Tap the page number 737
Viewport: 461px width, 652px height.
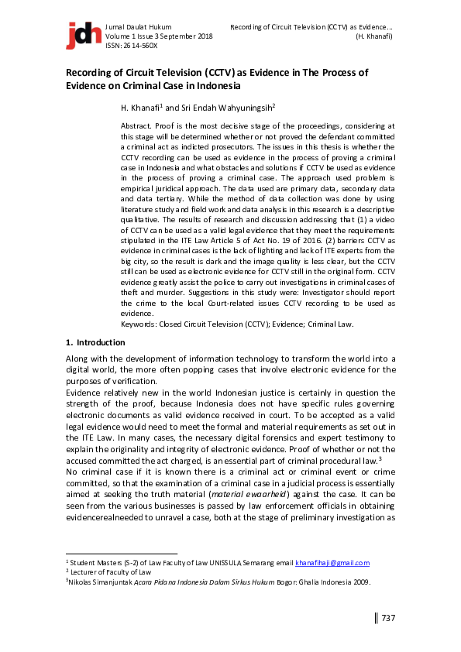(x=388, y=617)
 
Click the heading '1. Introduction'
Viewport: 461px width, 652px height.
(x=95, y=342)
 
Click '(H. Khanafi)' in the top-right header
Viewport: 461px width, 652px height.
(x=373, y=36)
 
